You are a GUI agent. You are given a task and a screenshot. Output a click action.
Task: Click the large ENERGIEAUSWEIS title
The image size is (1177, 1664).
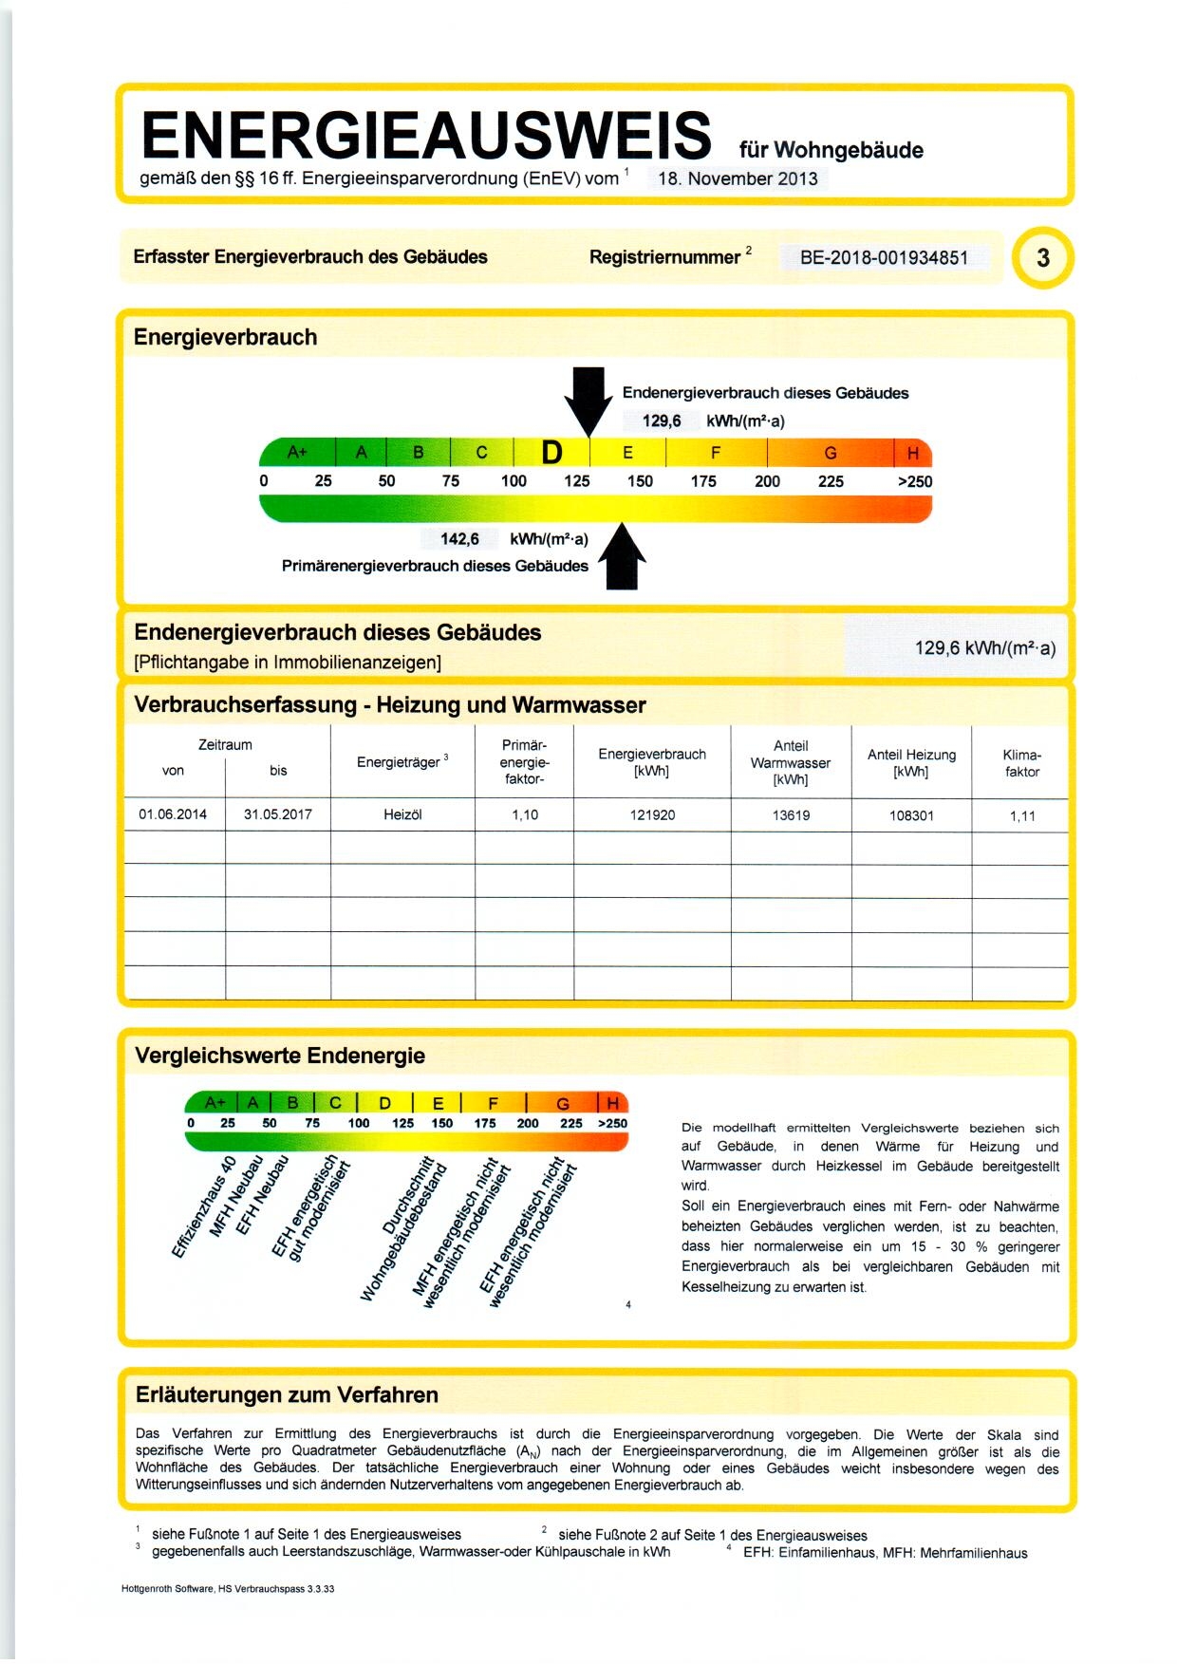[426, 136]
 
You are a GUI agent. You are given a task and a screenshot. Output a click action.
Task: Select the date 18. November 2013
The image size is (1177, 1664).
[738, 178]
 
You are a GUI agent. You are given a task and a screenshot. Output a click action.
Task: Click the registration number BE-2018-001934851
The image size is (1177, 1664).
[884, 257]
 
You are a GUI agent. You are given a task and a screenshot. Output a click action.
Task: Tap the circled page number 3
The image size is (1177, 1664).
[1042, 258]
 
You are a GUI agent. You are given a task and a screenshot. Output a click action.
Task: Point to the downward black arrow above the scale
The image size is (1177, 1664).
[588, 399]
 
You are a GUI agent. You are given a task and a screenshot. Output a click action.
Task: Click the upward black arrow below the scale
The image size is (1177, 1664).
[622, 557]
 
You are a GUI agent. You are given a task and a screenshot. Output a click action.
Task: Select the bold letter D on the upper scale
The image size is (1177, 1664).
[551, 453]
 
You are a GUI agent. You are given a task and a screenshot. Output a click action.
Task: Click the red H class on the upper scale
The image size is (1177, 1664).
[912, 453]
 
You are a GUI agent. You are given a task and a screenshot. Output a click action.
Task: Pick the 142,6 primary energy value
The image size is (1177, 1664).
[459, 539]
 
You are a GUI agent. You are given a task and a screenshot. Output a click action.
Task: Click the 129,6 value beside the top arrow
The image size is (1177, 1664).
[662, 421]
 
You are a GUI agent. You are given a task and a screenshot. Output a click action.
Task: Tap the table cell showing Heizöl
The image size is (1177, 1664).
[402, 814]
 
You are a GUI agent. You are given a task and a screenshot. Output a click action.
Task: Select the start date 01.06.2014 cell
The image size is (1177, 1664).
[173, 814]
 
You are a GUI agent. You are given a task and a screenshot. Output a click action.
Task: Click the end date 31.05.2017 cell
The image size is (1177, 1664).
[277, 814]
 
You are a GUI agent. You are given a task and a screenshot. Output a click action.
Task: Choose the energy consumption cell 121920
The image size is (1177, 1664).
[652, 815]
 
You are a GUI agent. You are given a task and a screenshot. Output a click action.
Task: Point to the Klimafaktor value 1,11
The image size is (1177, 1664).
[1022, 816]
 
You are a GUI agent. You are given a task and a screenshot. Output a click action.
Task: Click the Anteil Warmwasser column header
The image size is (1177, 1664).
[791, 762]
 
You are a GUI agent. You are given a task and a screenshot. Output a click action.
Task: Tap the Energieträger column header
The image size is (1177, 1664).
[402, 762]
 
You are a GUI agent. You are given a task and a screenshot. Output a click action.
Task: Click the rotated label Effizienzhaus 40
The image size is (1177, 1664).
[203, 1207]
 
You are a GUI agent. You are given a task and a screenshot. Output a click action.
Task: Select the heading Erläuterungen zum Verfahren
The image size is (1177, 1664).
[287, 1394]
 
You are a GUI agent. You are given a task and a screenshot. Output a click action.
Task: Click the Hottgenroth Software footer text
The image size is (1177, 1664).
[228, 1588]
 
